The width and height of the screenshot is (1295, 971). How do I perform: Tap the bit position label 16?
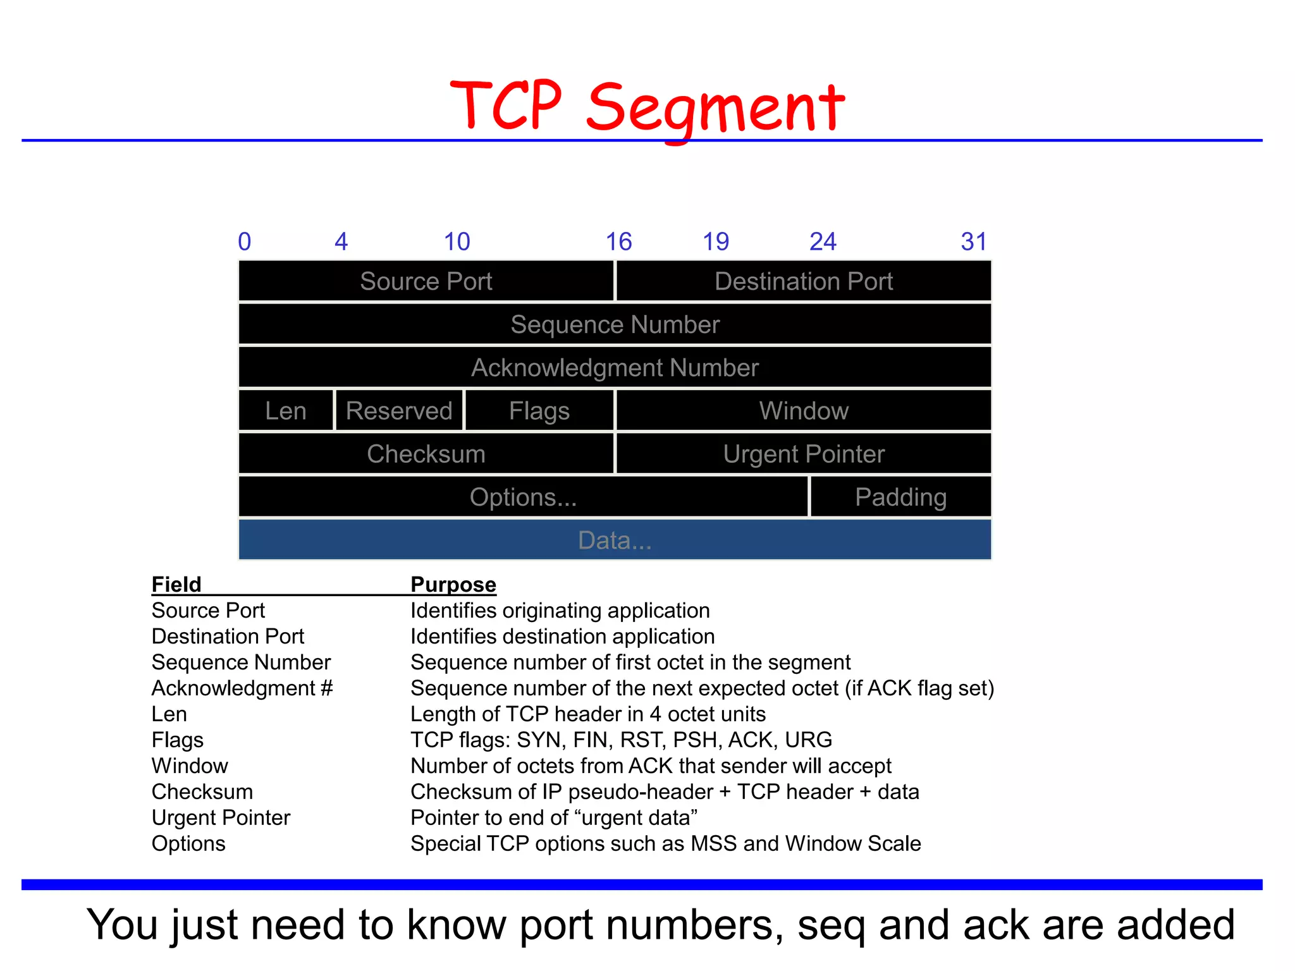pyautogui.click(x=618, y=241)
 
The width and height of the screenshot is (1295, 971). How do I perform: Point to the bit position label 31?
pyautogui.click(x=973, y=241)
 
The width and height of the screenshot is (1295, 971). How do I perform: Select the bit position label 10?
pyautogui.click(x=457, y=241)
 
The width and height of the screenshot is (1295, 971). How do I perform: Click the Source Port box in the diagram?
pyautogui.click(x=426, y=281)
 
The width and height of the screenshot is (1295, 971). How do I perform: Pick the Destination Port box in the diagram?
pyautogui.click(x=803, y=281)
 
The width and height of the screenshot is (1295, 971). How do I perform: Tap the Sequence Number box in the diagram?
pyautogui.click(x=615, y=324)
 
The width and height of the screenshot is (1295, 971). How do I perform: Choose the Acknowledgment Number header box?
pyautogui.click(x=615, y=367)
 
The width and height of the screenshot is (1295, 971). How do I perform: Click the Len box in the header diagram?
pyautogui.click(x=286, y=411)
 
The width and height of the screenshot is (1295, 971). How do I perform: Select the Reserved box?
pyautogui.click(x=399, y=411)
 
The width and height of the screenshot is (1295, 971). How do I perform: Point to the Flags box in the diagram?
pyautogui.click(x=539, y=411)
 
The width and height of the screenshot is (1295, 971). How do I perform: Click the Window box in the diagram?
pyautogui.click(x=803, y=411)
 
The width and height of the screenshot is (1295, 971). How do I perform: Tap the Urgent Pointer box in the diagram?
pyautogui.click(x=803, y=454)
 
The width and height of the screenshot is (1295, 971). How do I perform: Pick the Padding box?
pyautogui.click(x=900, y=497)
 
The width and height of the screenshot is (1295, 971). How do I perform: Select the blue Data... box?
pyautogui.click(x=615, y=540)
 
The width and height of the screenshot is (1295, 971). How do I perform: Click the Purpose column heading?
pyautogui.click(x=453, y=584)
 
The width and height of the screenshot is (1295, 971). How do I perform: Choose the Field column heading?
pyautogui.click(x=176, y=584)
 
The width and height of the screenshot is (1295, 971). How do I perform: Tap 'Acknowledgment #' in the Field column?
pyautogui.click(x=242, y=688)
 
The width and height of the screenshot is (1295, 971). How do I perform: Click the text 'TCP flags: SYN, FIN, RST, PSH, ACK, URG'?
pyautogui.click(x=621, y=740)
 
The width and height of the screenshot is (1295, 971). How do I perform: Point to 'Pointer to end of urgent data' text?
pyautogui.click(x=554, y=817)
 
